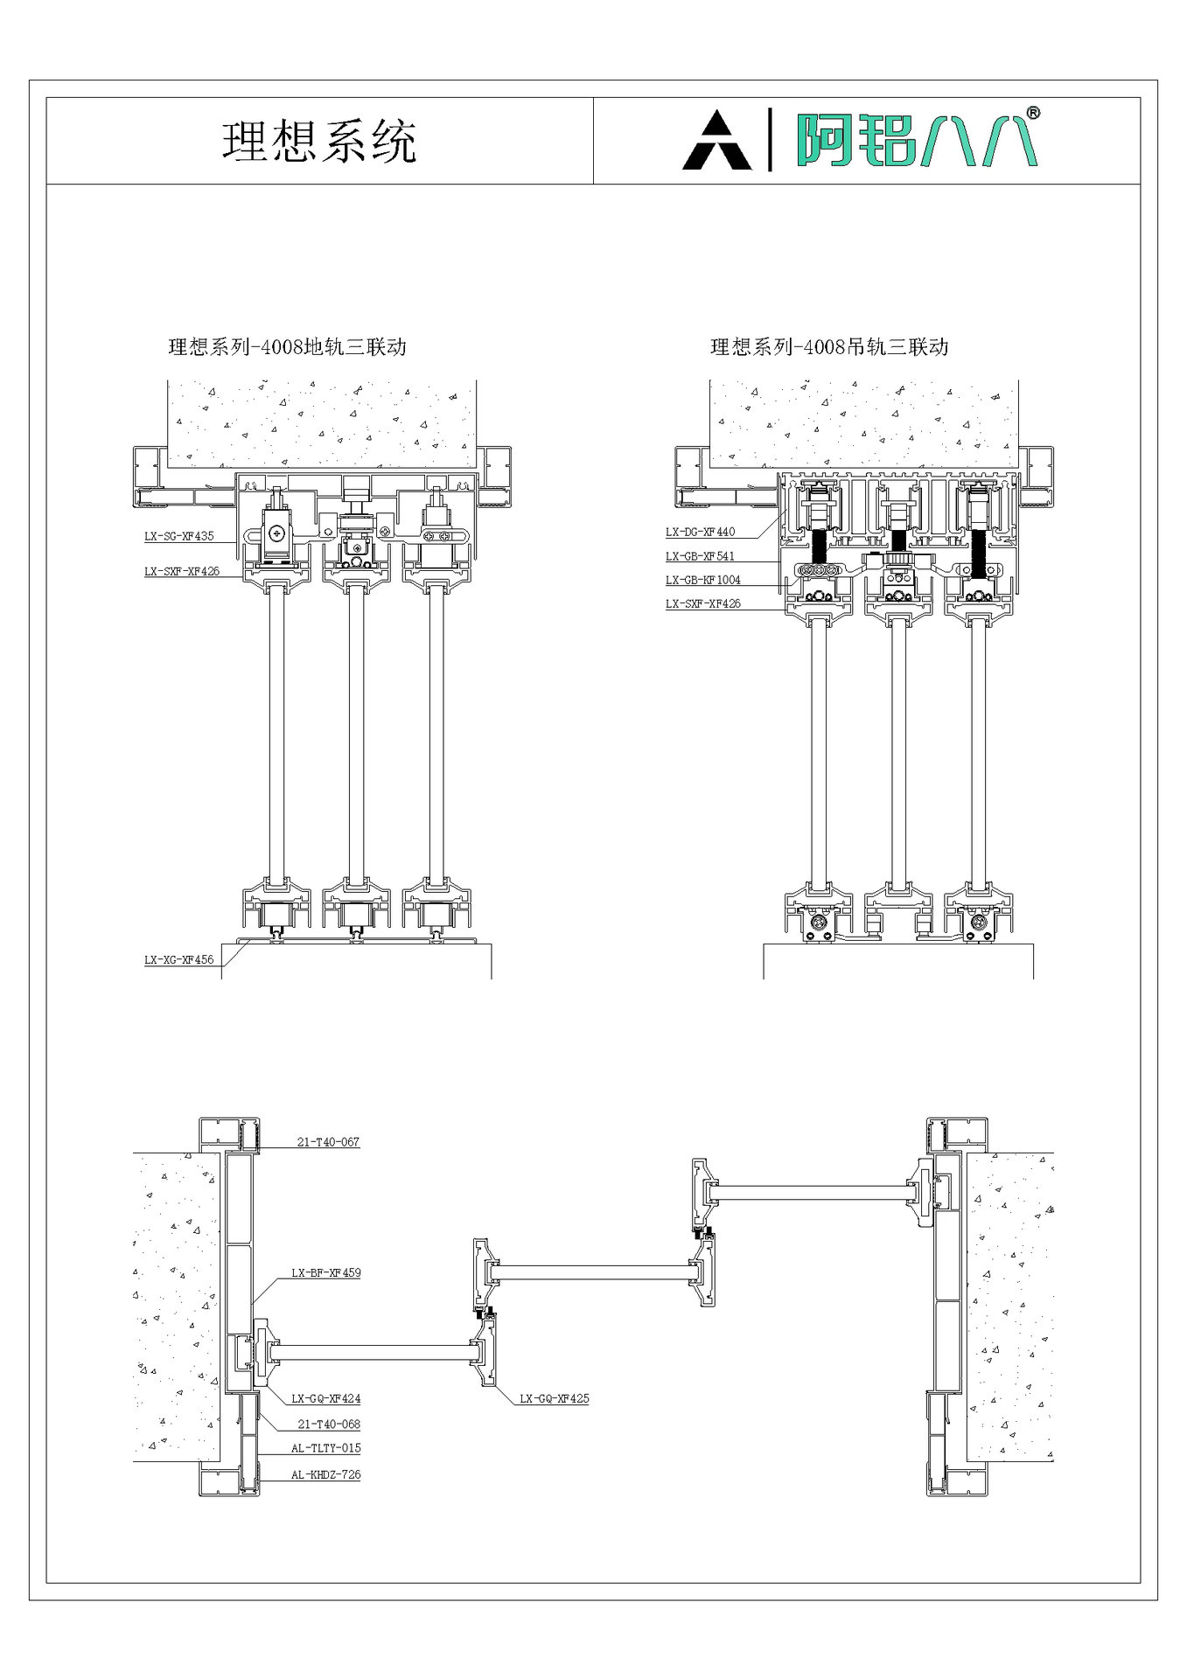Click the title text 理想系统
point(319,142)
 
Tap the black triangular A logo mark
point(716,142)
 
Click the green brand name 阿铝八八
point(915,140)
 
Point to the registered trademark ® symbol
point(1032,113)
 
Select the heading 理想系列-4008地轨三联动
point(287,347)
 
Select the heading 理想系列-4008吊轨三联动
point(828,347)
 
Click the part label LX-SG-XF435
point(178,536)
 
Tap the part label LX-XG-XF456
point(178,959)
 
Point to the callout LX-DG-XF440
point(700,532)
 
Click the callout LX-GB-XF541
point(700,556)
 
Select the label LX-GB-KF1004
point(702,580)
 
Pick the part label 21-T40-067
point(328,1142)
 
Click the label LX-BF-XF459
point(325,1273)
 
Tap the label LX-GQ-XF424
point(325,1399)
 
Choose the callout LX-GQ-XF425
point(554,1399)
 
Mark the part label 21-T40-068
point(328,1425)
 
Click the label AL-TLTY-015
point(325,1448)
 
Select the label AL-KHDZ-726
point(325,1474)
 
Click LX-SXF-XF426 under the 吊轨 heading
point(702,603)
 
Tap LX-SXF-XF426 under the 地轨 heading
point(181,572)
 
